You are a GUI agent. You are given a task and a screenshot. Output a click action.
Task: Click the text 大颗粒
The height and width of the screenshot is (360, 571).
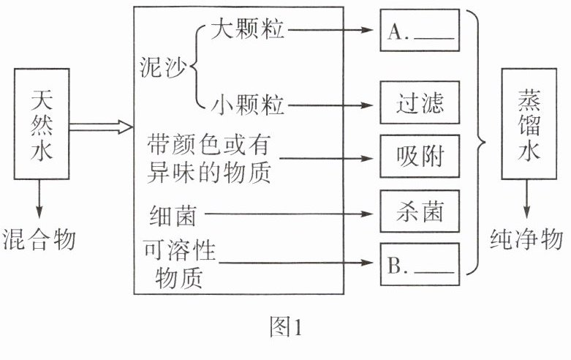pyautogui.click(x=249, y=30)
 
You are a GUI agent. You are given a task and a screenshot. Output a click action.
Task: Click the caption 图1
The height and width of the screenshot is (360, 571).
pyautogui.click(x=285, y=328)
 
